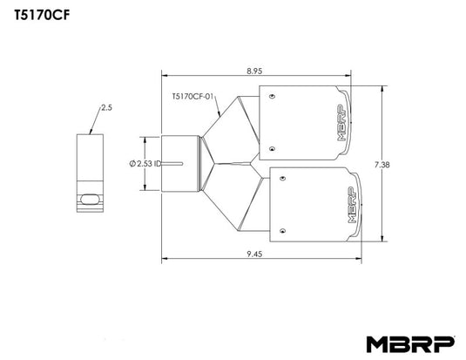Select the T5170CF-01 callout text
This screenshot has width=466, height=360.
pyautogui.click(x=192, y=98)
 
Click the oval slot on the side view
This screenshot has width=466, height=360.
pyautogui.click(x=89, y=199)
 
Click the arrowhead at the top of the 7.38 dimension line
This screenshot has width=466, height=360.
pyautogui.click(x=384, y=87)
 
